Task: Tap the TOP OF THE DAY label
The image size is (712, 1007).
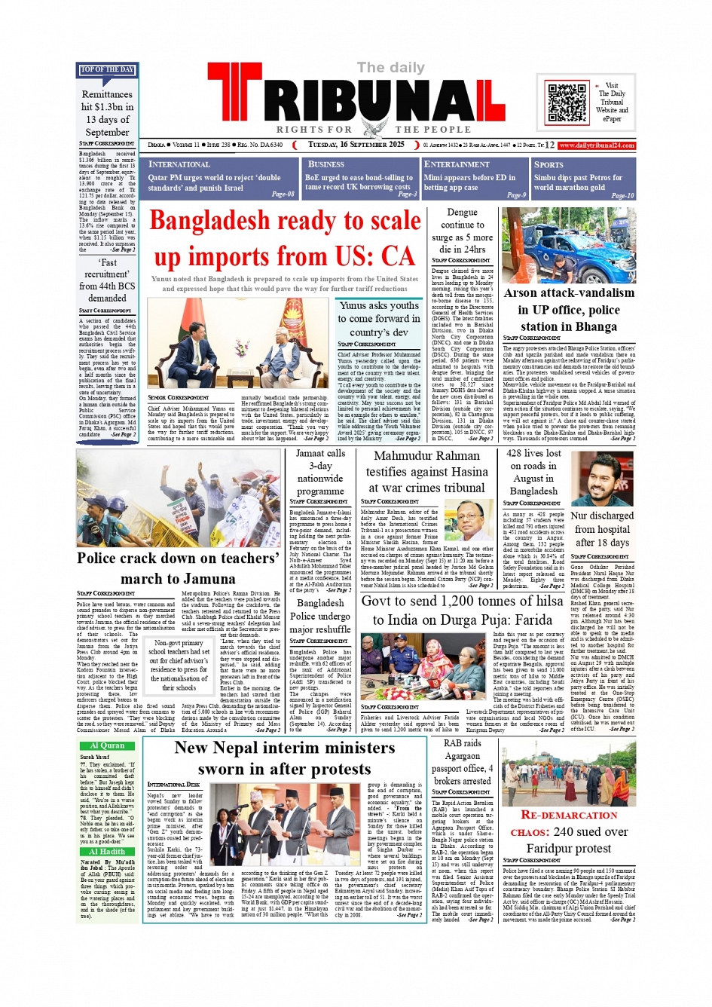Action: (107, 70)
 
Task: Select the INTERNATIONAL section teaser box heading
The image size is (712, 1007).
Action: (179, 164)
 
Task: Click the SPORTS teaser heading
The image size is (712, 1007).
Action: (549, 164)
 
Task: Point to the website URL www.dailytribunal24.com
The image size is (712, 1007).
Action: (597, 145)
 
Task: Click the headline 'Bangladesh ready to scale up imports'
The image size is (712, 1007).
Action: (285, 238)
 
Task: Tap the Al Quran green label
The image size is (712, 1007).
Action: (107, 745)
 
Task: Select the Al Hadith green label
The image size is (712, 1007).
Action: (107, 852)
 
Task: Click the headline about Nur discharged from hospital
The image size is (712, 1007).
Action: (602, 529)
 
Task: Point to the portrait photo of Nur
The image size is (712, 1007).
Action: (602, 479)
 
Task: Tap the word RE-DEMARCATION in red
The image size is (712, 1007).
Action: (569, 815)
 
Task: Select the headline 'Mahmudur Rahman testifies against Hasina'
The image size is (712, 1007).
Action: (426, 472)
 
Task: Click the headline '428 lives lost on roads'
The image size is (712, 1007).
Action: (533, 472)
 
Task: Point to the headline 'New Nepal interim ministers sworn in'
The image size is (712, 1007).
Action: (285, 758)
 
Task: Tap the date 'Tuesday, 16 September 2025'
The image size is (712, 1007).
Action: (356, 145)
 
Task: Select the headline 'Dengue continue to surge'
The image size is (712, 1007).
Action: (462, 231)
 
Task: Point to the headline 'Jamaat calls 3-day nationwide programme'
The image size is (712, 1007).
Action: (320, 472)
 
